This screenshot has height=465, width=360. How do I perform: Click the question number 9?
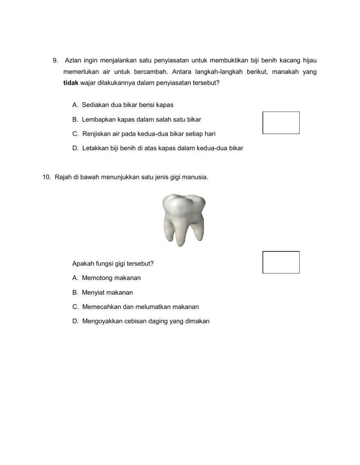click(x=55, y=61)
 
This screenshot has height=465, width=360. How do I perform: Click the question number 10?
click(x=46, y=177)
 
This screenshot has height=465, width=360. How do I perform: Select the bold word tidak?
click(x=71, y=83)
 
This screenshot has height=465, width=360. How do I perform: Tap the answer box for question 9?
click(x=281, y=123)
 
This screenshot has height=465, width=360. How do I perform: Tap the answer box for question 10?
click(x=281, y=262)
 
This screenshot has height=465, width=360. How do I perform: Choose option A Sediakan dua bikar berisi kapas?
click(x=123, y=105)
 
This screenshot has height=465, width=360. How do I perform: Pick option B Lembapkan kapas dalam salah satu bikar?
click(x=136, y=120)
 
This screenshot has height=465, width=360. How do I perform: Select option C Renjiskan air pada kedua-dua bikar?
click(x=144, y=134)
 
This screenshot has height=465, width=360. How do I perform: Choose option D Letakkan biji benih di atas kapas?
click(x=158, y=148)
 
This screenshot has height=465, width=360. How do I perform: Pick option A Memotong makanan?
click(x=107, y=278)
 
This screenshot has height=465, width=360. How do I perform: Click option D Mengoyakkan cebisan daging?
click(x=141, y=321)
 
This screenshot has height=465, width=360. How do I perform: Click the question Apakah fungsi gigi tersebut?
click(x=113, y=264)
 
